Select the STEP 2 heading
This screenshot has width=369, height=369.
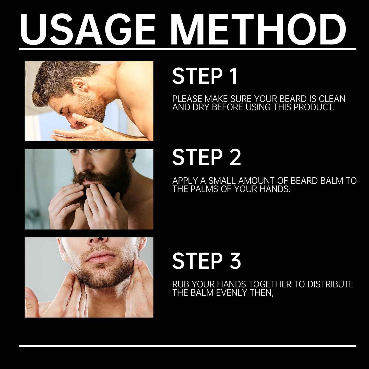207,157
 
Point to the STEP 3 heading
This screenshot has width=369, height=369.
207,261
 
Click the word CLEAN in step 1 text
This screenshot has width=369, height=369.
332,99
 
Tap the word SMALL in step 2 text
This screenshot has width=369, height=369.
222,181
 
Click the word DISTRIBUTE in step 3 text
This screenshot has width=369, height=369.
330,284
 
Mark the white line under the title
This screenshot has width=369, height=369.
188,49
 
